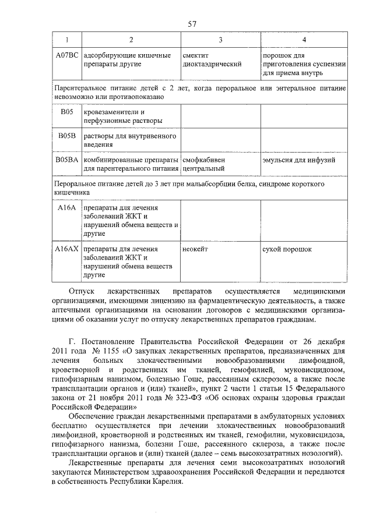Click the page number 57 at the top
(x=192, y=24)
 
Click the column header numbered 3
(x=220, y=40)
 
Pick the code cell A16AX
(x=66, y=249)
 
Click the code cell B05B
(x=66, y=136)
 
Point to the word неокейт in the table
(x=195, y=249)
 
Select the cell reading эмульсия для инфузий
(x=294, y=159)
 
